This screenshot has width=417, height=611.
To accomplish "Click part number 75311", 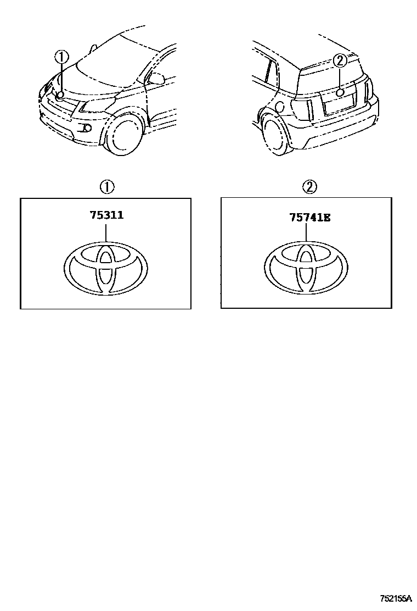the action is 106,215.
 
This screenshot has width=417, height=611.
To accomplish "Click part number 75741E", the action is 309,218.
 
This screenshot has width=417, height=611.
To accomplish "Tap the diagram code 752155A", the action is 396,597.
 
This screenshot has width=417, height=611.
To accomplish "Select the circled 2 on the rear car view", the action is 340,60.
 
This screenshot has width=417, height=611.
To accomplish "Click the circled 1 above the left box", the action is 106,187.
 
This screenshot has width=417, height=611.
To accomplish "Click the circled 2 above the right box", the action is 309,187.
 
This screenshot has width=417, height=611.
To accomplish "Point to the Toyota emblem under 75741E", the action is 306,267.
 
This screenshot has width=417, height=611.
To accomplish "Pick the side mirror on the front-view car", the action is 156,79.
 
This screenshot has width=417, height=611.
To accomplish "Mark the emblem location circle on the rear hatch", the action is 340,92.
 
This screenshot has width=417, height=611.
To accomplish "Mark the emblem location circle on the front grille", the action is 60,95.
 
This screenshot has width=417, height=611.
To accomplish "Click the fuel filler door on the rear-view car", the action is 279,106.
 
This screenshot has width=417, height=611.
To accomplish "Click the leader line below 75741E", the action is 307,232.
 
